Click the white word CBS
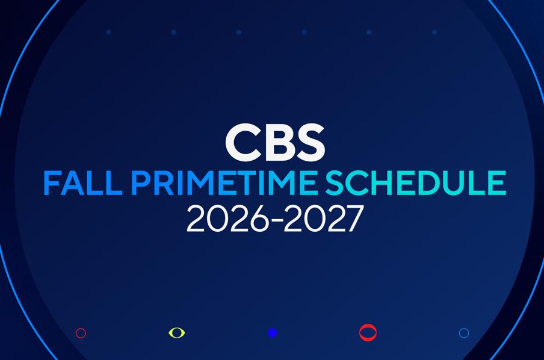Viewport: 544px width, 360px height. [275, 142]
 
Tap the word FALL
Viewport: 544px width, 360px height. [83, 183]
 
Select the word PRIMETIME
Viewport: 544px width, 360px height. [224, 183]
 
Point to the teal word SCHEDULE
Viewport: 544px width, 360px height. [415, 183]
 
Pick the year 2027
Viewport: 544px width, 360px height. [324, 219]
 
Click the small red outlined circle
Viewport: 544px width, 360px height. [81, 334]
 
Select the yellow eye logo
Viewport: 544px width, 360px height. [176, 333]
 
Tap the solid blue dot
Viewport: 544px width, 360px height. [273, 333]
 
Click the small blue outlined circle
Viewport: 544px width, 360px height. [464, 334]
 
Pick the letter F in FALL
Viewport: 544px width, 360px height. [51, 183]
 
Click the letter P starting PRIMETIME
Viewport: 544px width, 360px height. [140, 183]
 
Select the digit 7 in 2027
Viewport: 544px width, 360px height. [354, 219]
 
